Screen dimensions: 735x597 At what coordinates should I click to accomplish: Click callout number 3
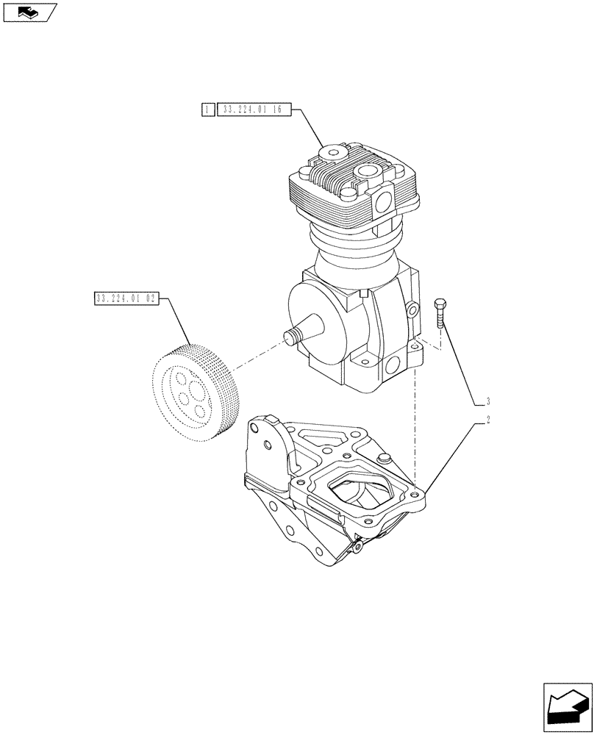(487, 402)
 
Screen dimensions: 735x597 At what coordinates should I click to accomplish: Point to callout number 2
(487, 422)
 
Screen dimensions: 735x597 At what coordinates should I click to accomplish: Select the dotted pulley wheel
(196, 393)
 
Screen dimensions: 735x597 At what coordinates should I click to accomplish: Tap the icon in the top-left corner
(29, 12)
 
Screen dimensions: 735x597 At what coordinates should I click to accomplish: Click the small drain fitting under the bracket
(357, 546)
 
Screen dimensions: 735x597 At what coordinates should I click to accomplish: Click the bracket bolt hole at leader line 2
(416, 497)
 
